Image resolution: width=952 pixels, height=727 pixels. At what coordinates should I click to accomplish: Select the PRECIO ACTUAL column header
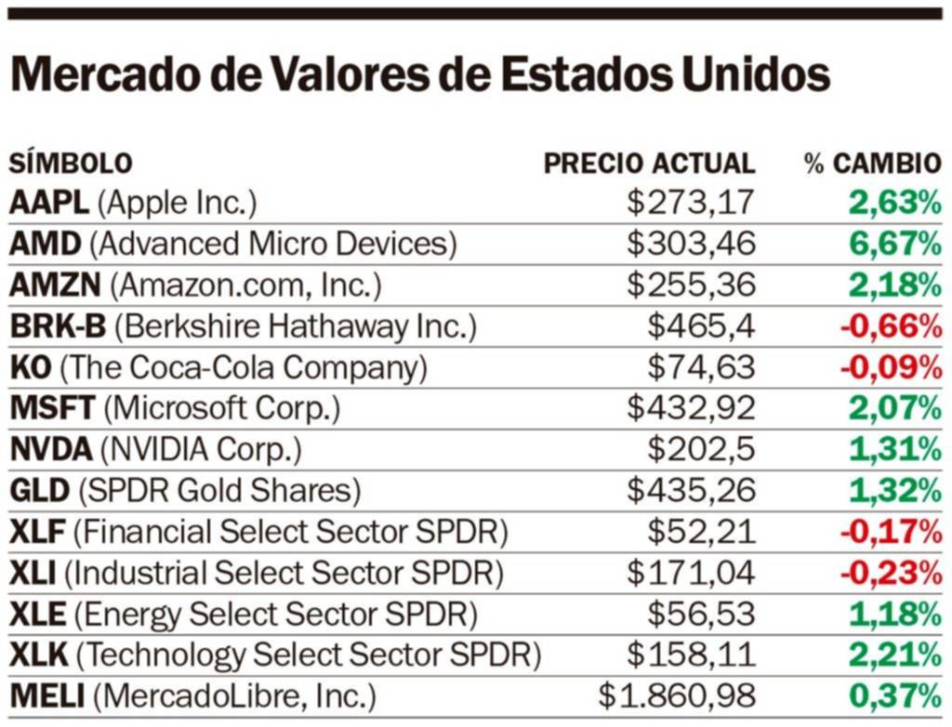[649, 164]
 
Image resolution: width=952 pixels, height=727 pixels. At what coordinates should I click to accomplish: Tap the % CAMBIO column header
[873, 164]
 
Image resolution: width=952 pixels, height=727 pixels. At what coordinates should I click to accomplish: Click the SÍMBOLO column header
[71, 164]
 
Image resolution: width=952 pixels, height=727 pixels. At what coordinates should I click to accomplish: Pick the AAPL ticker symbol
[48, 203]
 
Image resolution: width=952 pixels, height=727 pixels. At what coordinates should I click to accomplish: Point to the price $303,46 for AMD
[691, 244]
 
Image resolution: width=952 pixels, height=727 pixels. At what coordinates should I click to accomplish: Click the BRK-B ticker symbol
[58, 326]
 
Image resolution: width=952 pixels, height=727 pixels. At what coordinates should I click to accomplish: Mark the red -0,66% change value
[891, 326]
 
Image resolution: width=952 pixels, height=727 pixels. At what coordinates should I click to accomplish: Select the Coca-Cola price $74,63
[701, 367]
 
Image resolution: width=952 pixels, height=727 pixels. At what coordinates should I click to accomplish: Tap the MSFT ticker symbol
[52, 408]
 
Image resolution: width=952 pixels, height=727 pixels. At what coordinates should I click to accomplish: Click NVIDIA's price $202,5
[701, 449]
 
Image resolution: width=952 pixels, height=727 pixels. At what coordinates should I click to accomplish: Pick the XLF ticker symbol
[36, 531]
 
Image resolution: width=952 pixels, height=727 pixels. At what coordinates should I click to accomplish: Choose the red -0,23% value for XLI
[891, 573]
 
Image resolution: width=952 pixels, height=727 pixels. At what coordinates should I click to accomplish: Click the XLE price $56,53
[701, 614]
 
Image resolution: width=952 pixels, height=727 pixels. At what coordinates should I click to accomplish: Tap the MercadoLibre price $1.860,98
[677, 695]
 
